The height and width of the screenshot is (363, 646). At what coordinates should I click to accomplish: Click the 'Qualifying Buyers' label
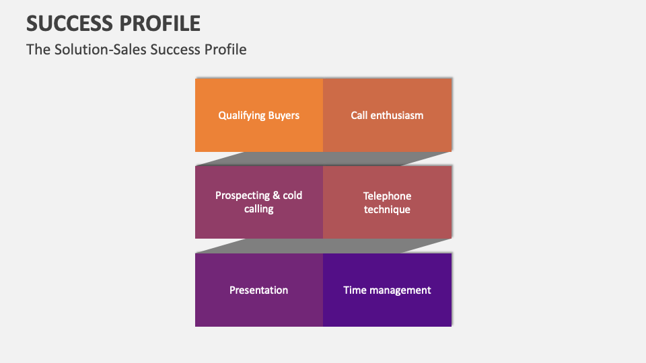click(258, 115)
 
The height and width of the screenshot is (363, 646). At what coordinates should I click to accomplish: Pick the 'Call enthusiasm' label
click(387, 115)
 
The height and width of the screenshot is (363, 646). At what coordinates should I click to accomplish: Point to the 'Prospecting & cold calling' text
click(258, 202)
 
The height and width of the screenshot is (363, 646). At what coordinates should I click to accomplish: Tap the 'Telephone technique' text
click(387, 202)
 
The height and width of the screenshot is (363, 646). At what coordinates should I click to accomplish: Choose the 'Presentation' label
click(258, 290)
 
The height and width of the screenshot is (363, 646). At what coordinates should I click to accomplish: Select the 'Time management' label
click(387, 290)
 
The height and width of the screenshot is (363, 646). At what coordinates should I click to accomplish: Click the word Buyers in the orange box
click(283, 115)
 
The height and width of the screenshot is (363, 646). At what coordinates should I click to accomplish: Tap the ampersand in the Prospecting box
click(276, 195)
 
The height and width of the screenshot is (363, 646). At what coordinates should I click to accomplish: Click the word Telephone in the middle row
click(387, 196)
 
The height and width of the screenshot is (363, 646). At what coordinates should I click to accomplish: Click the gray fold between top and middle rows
click(323, 159)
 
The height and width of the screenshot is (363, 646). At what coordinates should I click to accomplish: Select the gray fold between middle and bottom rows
click(323, 246)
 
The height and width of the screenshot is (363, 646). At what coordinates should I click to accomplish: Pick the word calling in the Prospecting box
click(258, 209)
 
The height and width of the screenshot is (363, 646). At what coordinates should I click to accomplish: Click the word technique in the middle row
click(387, 210)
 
